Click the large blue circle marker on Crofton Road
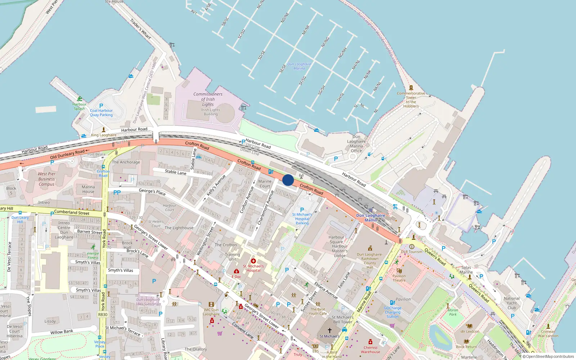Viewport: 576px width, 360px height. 288,180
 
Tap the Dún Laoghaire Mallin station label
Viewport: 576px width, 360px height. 370,218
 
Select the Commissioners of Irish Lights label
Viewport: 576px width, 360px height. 208,99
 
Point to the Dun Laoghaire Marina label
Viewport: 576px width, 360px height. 299,66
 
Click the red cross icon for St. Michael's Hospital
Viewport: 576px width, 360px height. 253,261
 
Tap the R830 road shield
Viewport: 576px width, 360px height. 103,314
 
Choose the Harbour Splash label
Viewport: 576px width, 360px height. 79,106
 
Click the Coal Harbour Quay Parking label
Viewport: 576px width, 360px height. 101,113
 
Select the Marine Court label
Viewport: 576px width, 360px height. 265,184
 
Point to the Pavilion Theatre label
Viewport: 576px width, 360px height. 399,278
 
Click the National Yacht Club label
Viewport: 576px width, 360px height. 512,303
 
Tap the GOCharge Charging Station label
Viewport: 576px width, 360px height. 392,312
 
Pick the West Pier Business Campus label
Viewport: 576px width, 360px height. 46,179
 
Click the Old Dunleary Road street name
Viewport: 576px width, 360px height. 67,154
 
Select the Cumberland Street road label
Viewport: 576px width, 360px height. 72,212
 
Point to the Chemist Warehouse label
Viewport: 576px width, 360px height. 370,350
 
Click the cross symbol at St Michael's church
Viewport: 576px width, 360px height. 329,330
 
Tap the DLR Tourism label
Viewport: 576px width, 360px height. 411,252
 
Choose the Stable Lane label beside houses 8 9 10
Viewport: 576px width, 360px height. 176,172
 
